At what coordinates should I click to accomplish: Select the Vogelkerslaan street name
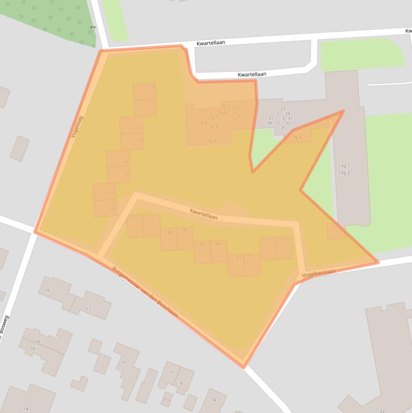coord(319,273)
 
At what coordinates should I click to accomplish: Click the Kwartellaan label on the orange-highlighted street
coord(204,214)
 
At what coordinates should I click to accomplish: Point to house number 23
coord(139,128)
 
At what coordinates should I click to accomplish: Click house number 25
coord(141,139)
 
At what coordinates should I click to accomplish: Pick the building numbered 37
coord(151,217)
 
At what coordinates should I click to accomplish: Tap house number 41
coord(186,230)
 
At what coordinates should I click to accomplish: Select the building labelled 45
coord(218,244)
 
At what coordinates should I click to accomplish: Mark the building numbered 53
coord(286,239)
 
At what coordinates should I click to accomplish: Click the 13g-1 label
coord(344,166)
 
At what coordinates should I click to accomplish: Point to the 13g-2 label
coord(344,173)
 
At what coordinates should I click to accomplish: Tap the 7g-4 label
coord(297,137)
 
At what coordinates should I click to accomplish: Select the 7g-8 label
coord(211,141)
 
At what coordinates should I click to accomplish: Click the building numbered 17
coord(88,309)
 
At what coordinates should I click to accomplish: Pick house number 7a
coord(213,400)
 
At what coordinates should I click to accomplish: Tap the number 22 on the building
coord(382,411)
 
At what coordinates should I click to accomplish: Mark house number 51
coord(266,239)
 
